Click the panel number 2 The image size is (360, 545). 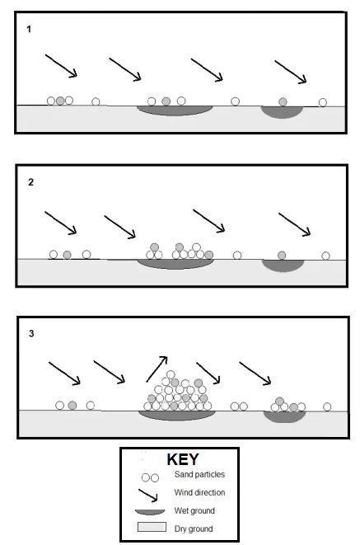pyautogui.click(x=30, y=182)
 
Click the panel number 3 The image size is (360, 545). pyautogui.click(x=31, y=334)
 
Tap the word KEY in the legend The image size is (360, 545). pyautogui.click(x=182, y=460)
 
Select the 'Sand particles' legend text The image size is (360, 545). pyautogui.click(x=199, y=476)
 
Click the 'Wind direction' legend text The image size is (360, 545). pyautogui.click(x=199, y=492)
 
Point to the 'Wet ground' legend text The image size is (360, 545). pyautogui.click(x=194, y=510)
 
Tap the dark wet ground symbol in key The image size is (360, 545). pyautogui.click(x=150, y=511)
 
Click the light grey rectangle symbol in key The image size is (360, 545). pyautogui.click(x=150, y=528)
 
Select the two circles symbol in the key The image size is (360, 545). pyautogui.click(x=149, y=477)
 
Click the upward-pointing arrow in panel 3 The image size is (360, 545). pyautogui.click(x=157, y=369)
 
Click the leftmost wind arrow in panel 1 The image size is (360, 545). pyautogui.click(x=61, y=66)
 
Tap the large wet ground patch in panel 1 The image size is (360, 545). pyautogui.click(x=175, y=110)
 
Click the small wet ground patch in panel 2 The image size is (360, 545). pyautogui.click(x=283, y=265)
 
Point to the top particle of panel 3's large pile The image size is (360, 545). pyautogui.click(x=171, y=375)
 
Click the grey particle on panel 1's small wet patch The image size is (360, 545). pyautogui.click(x=283, y=101)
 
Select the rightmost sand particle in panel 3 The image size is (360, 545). pyautogui.click(x=327, y=406)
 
